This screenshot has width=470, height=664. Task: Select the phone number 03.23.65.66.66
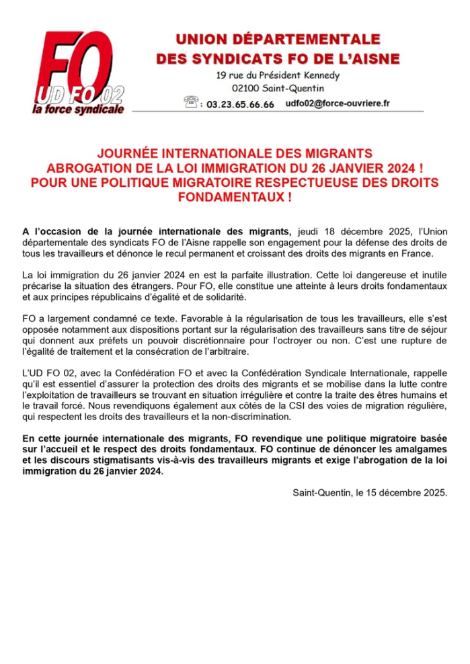pyautogui.click(x=240, y=105)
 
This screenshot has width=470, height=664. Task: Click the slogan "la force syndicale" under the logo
pyautogui.click(x=79, y=109)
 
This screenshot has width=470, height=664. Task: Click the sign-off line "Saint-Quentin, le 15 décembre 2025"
pyautogui.click(x=370, y=492)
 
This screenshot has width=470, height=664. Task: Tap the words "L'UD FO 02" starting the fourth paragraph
pyautogui.click(x=46, y=373)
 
